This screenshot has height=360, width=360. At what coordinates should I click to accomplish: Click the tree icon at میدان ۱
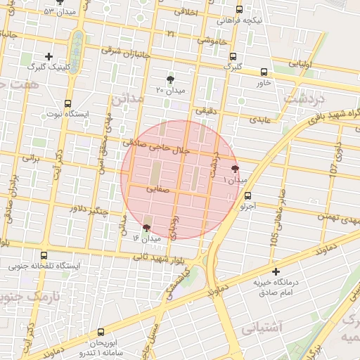[235, 168]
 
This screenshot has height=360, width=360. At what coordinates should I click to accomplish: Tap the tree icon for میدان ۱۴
[146, 227]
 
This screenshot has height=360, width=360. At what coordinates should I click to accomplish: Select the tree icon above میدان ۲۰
[170, 79]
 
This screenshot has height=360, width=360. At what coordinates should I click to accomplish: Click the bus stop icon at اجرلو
[247, 196]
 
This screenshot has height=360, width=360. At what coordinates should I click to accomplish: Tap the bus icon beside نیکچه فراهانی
[240, 10]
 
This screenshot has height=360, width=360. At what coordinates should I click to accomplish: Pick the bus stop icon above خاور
[264, 72]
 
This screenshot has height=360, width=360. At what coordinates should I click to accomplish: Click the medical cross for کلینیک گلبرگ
[49, 56]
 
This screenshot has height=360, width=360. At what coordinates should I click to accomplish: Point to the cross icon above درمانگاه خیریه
[276, 271]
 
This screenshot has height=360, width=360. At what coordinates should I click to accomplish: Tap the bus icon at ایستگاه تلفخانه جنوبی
[45, 255]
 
